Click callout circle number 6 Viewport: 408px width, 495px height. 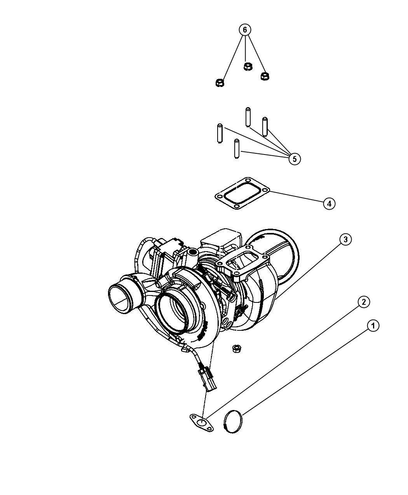point(245,30)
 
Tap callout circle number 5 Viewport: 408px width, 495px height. point(294,159)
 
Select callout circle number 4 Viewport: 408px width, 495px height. point(329,203)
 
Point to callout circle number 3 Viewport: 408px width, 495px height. point(345,240)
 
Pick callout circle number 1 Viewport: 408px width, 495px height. point(373,326)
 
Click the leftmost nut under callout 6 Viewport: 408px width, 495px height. point(220,83)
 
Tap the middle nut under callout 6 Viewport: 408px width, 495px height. point(248,66)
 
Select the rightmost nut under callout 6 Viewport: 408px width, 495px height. point(265,76)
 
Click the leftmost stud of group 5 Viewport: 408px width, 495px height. point(220,133)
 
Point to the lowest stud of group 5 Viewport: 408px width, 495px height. point(236,148)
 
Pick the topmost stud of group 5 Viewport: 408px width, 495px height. point(248,117)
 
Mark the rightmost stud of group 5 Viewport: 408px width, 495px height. point(265,127)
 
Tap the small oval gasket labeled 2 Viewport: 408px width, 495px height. point(202,422)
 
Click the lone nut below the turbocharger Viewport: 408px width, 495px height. point(236,349)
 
